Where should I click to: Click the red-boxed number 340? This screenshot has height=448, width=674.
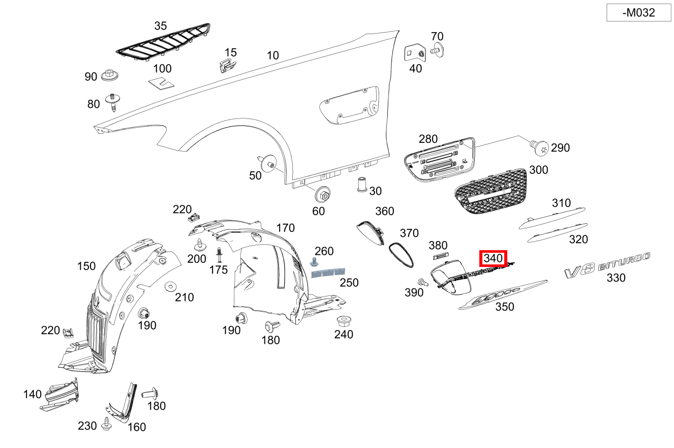click(493, 259)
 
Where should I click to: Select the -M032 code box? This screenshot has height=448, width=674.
click(638, 13)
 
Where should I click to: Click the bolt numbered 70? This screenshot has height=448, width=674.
click(437, 50)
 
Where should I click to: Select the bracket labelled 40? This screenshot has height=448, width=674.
click(414, 52)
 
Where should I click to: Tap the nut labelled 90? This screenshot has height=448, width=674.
click(110, 75)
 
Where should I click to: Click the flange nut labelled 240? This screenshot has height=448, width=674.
click(344, 321)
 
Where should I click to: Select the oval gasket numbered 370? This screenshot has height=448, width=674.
click(401, 254)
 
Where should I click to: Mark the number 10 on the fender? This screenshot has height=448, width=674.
click(273, 55)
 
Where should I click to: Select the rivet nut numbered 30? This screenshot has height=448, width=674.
click(361, 184)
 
